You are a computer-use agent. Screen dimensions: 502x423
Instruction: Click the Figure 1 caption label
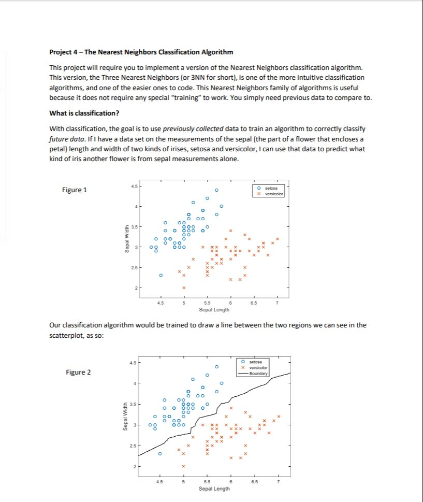click(75, 190)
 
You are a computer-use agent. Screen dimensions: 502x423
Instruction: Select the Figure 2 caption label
click(79, 372)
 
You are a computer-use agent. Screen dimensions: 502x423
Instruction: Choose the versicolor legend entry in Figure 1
click(273, 193)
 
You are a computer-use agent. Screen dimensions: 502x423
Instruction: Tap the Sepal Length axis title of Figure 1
click(214, 310)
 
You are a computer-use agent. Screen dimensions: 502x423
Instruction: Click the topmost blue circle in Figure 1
click(217, 189)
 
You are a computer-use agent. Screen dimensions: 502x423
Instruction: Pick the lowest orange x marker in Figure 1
click(183, 288)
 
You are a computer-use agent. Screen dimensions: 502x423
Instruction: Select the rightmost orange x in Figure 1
click(278, 239)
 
